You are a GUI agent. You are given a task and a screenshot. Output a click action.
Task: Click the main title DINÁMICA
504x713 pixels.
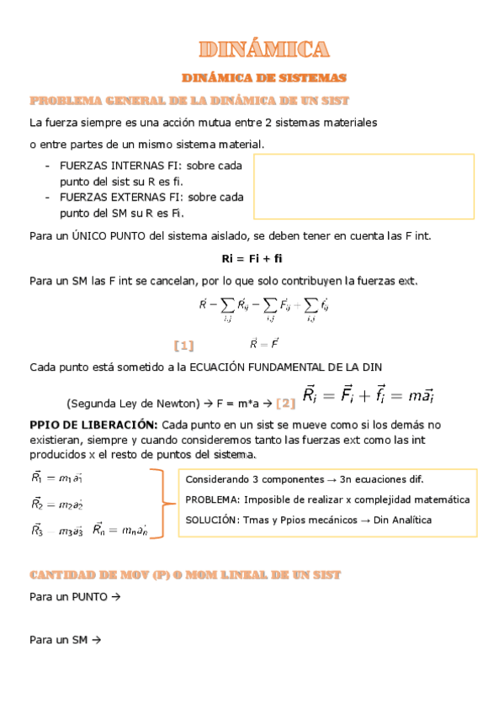pos(264,49)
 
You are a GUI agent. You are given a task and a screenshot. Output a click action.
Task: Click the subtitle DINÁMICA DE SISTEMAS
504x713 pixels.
pos(264,77)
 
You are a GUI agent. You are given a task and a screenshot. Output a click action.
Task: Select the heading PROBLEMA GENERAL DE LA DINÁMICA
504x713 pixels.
pos(190,100)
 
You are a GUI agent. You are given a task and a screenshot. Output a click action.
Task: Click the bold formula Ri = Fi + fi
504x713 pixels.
pos(252,258)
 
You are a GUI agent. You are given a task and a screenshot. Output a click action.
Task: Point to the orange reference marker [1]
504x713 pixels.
pos(183,345)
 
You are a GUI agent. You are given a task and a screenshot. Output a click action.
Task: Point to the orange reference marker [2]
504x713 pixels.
pos(285,403)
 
